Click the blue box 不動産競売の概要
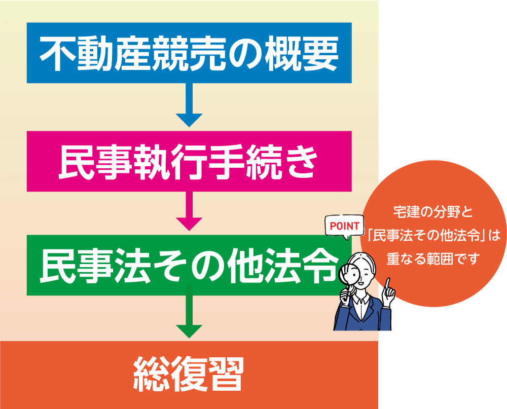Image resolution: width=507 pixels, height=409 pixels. [189, 53]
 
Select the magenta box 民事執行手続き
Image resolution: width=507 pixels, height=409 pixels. [189, 161]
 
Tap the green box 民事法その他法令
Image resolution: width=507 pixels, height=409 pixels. [189, 265]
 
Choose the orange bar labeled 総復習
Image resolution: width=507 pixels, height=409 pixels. [189, 375]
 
